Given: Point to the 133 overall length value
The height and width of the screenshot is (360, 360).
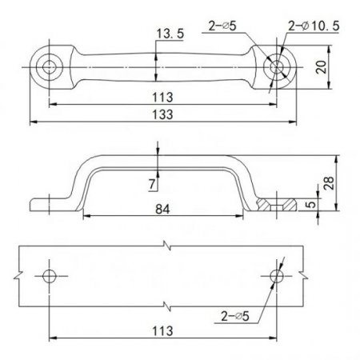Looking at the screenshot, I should [x=163, y=114].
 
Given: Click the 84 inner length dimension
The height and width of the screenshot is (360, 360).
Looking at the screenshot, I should [x=163, y=210].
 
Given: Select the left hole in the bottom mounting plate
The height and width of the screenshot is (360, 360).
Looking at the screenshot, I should [x=50, y=276].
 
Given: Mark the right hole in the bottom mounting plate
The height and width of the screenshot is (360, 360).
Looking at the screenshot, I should [x=277, y=276].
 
